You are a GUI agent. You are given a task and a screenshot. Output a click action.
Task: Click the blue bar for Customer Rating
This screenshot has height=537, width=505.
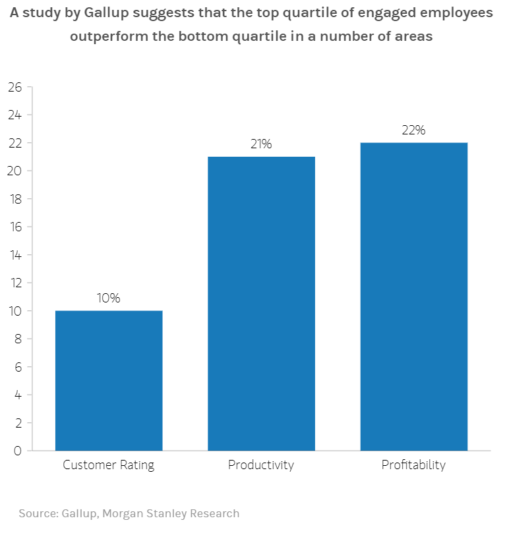109,380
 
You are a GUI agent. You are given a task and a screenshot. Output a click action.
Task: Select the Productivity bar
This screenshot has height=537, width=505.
261,303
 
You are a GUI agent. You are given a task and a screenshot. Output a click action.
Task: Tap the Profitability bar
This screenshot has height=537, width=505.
413,297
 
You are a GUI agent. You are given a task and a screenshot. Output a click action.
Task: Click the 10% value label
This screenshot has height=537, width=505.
109,298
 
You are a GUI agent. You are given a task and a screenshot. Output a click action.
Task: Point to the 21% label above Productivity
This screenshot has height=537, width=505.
261,144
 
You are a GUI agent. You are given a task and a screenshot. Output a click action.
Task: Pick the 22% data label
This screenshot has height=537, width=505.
413,130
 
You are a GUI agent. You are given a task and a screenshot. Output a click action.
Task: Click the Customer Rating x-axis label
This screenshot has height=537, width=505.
109,465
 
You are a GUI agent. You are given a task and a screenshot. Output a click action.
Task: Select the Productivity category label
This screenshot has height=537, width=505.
261,465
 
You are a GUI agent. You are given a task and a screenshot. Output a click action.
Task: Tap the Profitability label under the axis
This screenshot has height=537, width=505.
413,465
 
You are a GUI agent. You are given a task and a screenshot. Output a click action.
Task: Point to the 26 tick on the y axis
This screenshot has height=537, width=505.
15,87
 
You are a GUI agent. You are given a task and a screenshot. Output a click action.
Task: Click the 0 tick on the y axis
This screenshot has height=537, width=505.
18,451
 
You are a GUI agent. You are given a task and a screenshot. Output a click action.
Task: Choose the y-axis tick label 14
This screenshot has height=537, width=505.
15,255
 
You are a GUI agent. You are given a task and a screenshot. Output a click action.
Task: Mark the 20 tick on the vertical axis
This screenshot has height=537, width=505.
15,171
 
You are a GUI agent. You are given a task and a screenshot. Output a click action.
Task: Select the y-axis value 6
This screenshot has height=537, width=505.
18,367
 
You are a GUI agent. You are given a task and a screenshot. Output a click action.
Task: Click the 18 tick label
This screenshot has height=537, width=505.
15,199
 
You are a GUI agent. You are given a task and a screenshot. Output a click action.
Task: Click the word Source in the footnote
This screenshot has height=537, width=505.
37,513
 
